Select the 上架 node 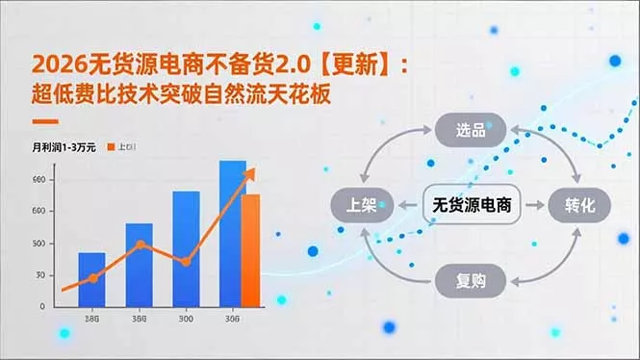pyautogui.click(x=358, y=205)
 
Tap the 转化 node pyautogui.click(x=579, y=205)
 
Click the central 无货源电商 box pyautogui.click(x=471, y=204)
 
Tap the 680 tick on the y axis pyautogui.click(x=38, y=180)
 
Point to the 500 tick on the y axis pyautogui.click(x=38, y=243)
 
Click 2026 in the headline pyautogui.click(x=53, y=65)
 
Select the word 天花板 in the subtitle pyautogui.click(x=313, y=97)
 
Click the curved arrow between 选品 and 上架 pyautogui.click(x=386, y=152)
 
